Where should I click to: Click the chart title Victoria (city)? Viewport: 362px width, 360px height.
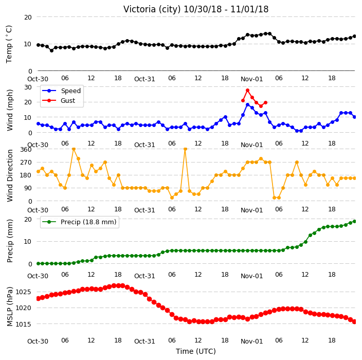pyautogui.click(x=152, y=9)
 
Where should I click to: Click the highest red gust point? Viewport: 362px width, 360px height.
pyautogui.click(x=248, y=91)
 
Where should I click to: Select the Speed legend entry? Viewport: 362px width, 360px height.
pyautogui.click(x=61, y=91)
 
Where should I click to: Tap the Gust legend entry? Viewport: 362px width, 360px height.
pyautogui.click(x=59, y=100)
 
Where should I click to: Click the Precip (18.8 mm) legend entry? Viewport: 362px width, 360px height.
pyautogui.click(x=79, y=222)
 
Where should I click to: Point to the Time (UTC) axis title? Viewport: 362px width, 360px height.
pyautogui.click(x=196, y=351)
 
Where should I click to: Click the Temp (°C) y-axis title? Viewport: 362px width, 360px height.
pyautogui.click(x=9, y=44)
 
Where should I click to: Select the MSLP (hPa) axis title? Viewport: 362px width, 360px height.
pyautogui.click(x=10, y=307)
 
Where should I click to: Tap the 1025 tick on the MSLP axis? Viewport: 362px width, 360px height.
pyautogui.click(x=23, y=292)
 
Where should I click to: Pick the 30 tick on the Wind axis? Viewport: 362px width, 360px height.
pyautogui.click(x=28, y=87)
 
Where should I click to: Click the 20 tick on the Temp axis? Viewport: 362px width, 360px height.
pyautogui.click(x=28, y=17)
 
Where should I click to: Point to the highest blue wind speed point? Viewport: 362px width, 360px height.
pyautogui.click(x=248, y=104)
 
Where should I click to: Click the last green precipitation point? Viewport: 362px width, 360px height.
pyautogui.click(x=355, y=222)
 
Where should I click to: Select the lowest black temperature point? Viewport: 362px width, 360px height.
pyautogui.click(x=52, y=50)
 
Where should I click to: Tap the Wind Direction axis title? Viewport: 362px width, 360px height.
pyautogui.click(x=10, y=175)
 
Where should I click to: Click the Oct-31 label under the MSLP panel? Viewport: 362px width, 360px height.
pyautogui.click(x=144, y=341)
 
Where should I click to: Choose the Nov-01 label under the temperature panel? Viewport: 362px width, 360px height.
pyautogui.click(x=251, y=79)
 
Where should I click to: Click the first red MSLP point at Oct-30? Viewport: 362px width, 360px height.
pyautogui.click(x=39, y=298)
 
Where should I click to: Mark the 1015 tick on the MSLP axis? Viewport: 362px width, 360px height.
pyautogui.click(x=23, y=325)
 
